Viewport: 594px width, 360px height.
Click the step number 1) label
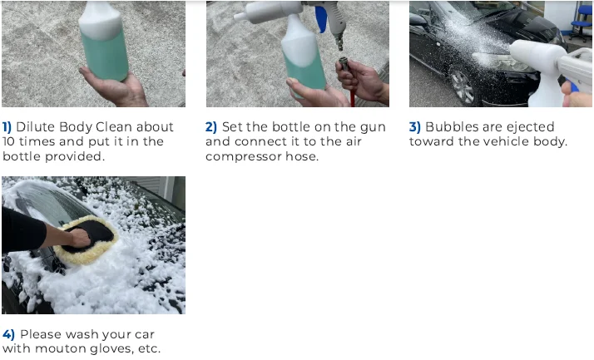[7, 127]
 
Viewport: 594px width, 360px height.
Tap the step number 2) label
[211, 127]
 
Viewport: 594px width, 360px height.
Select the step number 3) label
[415, 127]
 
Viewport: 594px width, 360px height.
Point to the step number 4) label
[8, 334]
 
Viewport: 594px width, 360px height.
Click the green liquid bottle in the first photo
[103, 50]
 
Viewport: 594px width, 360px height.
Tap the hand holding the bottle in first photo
[116, 88]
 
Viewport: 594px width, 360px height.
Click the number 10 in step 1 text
[9, 142]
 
